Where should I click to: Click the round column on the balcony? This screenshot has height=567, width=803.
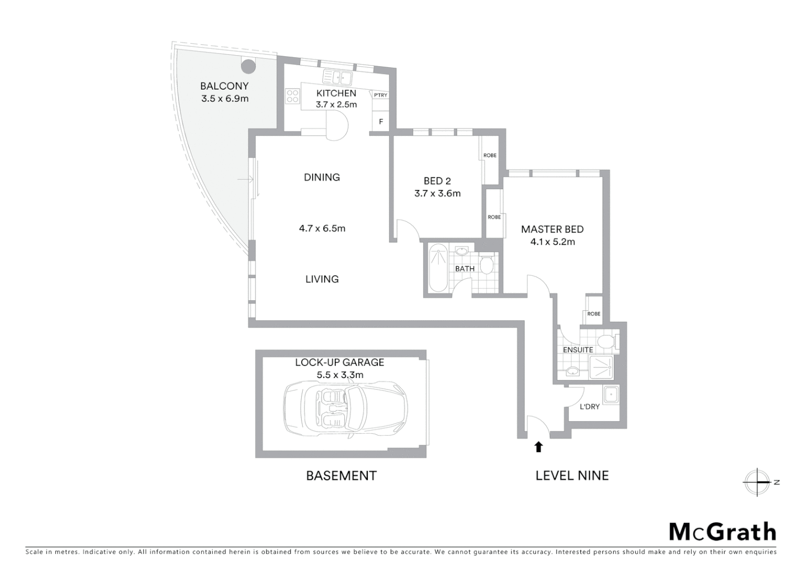click(248, 66)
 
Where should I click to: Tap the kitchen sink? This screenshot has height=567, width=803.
click(337, 78)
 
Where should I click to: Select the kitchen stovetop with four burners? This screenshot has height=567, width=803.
click(292, 96)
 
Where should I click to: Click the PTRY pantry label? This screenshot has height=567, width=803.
click(380, 95)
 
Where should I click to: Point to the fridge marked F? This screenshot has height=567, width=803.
click(381, 122)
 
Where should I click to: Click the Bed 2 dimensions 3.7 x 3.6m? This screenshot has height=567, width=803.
click(437, 193)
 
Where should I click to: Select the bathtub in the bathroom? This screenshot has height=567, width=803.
click(437, 270)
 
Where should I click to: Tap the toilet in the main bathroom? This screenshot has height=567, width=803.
click(486, 265)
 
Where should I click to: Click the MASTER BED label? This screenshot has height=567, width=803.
click(552, 229)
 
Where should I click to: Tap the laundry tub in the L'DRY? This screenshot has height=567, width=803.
click(611, 395)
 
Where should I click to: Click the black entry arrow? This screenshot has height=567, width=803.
click(538, 447)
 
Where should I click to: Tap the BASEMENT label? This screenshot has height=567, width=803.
click(341, 476)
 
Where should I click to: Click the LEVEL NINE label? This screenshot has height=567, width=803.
click(572, 476)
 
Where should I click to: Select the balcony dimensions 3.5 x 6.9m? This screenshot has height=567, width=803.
click(224, 98)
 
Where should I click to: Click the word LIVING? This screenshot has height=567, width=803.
click(322, 279)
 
